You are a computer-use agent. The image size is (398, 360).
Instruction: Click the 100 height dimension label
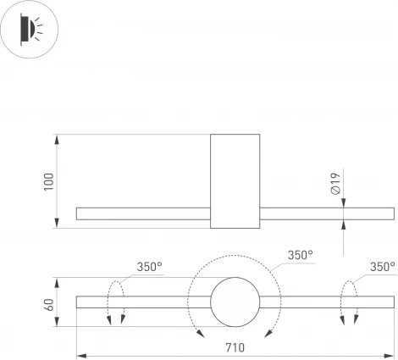[49, 180]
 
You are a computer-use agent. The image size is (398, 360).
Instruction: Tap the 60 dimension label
[49, 302]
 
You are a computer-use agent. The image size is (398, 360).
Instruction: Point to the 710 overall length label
[235, 347]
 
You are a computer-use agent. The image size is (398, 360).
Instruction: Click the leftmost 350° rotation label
[149, 267]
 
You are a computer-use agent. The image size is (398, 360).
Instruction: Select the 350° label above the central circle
[300, 254]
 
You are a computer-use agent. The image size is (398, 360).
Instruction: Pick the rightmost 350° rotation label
[383, 267]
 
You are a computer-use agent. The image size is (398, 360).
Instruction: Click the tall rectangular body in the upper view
[235, 180]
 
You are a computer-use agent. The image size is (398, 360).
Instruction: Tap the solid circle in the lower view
[235, 302]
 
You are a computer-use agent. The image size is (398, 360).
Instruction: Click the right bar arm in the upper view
[326, 213]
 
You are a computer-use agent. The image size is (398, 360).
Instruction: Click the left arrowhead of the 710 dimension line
[80, 354]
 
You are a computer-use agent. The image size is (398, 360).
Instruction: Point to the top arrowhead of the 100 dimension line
[57, 136]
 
